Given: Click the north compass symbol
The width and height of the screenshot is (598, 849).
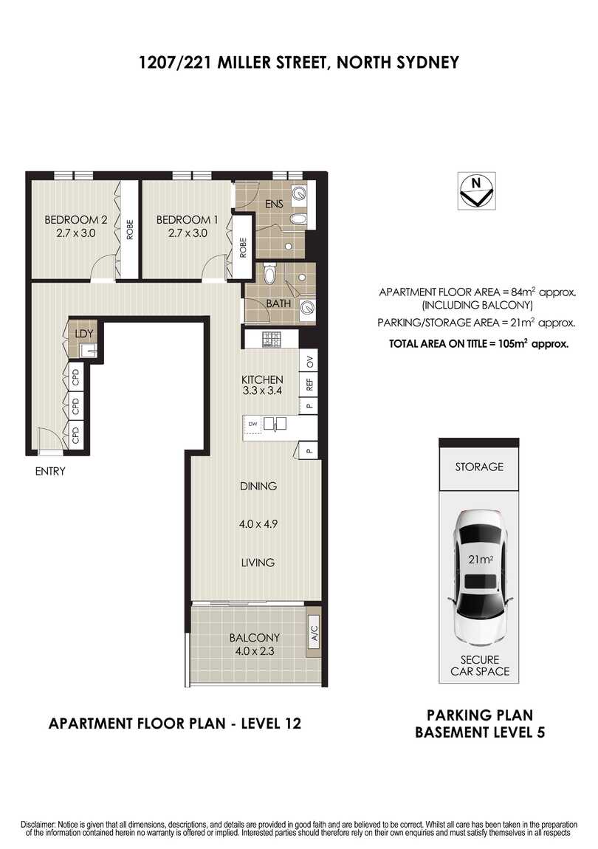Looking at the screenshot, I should (476, 191).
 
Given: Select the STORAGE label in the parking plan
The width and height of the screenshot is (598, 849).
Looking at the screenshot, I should (479, 467).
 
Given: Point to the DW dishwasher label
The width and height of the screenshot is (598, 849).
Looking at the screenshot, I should (252, 424).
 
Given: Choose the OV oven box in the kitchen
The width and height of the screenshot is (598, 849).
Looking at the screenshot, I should (310, 362).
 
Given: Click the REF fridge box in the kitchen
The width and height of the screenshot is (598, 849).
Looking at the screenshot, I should (310, 384).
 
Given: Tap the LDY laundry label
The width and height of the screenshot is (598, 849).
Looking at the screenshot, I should (84, 333).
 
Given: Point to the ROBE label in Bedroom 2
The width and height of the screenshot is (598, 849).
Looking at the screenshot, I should (129, 231).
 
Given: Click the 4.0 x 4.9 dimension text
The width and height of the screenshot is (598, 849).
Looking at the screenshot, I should (258, 525).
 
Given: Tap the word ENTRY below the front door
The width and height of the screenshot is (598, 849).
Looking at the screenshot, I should (50, 471).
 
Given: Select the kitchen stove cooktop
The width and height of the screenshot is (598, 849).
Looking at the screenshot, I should (272, 340).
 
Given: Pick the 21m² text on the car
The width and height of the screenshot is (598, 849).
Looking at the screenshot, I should (481, 560).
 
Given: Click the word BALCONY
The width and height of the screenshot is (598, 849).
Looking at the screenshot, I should (254, 638).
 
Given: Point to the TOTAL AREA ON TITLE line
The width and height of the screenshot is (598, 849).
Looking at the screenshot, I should (478, 343).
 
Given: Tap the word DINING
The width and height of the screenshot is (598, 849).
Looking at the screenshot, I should (258, 486).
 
